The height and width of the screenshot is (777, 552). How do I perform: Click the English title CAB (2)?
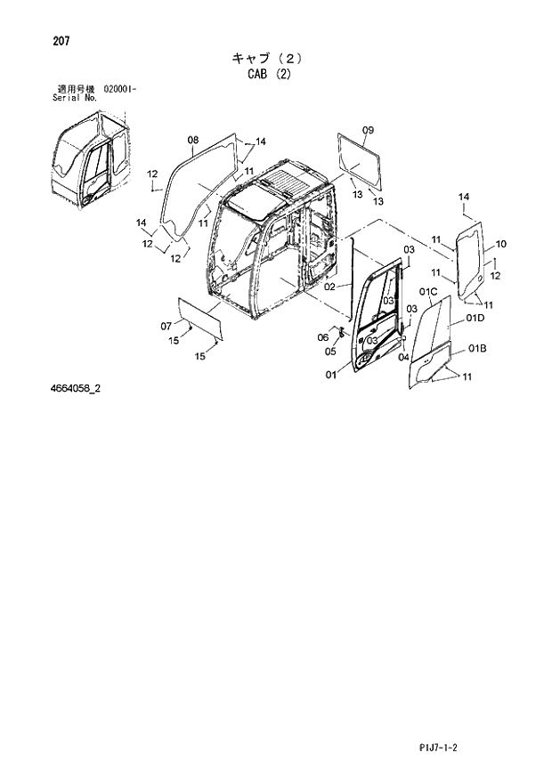269,75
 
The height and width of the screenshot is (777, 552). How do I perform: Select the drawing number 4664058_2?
76,388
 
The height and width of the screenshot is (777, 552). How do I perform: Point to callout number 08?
193,140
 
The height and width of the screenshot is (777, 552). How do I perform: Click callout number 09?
368,131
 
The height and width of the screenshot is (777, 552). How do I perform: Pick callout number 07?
166,325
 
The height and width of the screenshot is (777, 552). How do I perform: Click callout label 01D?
474,319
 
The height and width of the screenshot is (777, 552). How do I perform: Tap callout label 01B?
476,348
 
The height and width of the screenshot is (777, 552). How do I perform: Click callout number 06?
323,336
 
